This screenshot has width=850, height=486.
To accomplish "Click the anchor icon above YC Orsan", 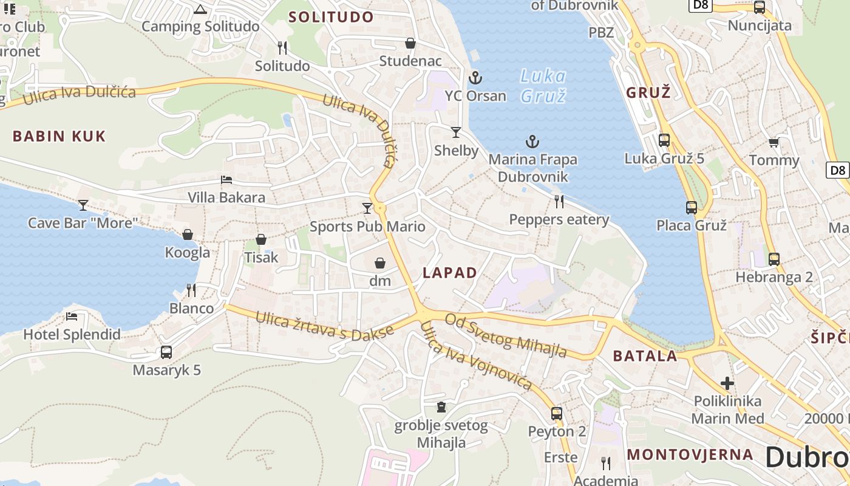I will pos(475,77).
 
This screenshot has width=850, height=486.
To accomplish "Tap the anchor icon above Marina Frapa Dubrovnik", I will pos(532,142).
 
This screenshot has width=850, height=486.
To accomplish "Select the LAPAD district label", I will pos(450,273).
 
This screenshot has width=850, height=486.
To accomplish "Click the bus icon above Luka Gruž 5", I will pos(664,140).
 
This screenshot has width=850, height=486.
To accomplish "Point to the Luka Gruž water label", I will pos(543,86).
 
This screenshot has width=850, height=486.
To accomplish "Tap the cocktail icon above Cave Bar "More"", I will pos(83,205).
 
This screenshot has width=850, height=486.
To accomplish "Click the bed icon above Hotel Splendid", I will pos(72,317).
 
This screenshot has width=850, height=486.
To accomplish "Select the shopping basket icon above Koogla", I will pos(188,234).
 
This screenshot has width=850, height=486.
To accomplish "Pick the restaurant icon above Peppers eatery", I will pos(559,201).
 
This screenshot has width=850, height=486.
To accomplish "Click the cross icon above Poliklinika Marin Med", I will pos(727,383).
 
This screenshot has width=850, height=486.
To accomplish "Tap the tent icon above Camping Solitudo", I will pos(200,9).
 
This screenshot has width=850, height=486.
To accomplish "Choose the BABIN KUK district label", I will pos(59,136).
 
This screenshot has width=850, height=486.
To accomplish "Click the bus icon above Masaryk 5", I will pos(166,352).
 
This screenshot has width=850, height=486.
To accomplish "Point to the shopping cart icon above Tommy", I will pos(773,142).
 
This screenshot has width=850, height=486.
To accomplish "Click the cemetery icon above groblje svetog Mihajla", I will pos(441,407).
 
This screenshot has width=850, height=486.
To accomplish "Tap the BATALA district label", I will pos(645,356).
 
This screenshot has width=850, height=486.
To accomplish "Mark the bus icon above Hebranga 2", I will pos(774,259).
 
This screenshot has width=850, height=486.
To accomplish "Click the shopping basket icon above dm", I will pos(380,262).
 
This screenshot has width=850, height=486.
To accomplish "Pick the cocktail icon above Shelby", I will pos(456,132).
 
